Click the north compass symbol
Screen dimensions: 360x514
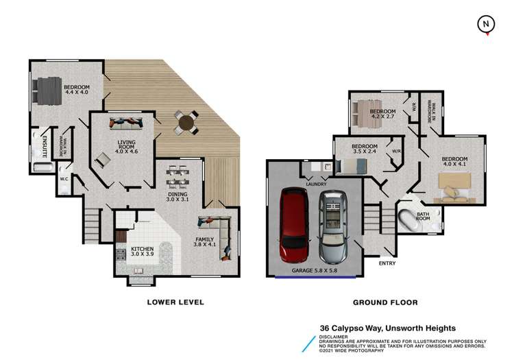[486, 24]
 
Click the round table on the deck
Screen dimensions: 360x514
[185, 123]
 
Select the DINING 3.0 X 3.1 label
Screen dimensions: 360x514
[178, 197]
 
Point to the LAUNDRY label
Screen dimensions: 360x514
[316, 184]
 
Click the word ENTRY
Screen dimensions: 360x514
[387, 262]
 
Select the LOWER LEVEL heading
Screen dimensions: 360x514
[176, 302]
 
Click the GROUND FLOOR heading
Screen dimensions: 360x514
[385, 302]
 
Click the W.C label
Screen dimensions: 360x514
[64, 180]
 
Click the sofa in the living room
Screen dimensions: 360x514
[125, 123]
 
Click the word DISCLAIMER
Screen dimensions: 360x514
[337, 336]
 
